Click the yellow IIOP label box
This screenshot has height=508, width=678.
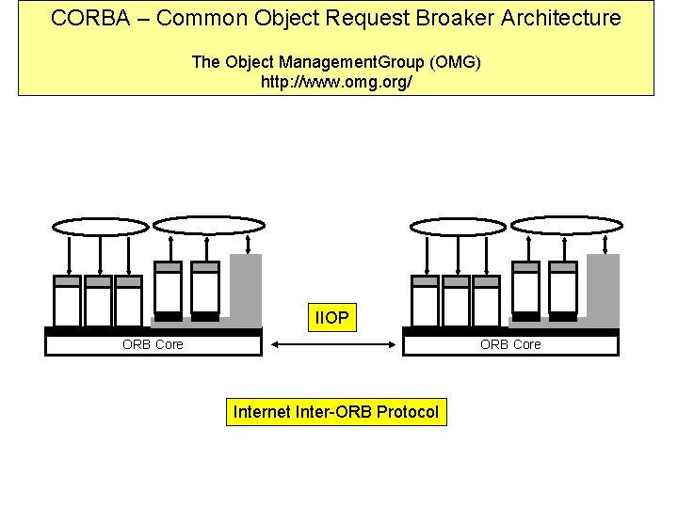coord(331,319)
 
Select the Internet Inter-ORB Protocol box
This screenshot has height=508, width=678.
coord(336,412)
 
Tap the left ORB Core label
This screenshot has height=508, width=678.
coord(153,344)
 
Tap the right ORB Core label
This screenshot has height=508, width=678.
coord(510,344)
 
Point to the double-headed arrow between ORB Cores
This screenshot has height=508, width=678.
coord(331,345)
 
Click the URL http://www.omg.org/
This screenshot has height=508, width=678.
coord(336,82)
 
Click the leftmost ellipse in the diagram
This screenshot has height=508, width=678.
coord(100,226)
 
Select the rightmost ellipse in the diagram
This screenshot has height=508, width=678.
coord(567,225)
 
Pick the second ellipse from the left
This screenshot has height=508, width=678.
coord(203,225)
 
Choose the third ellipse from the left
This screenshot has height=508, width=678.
coord(459,226)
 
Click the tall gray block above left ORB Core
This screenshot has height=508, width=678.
coord(246,287)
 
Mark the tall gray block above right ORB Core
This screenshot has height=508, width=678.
coord(604,287)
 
